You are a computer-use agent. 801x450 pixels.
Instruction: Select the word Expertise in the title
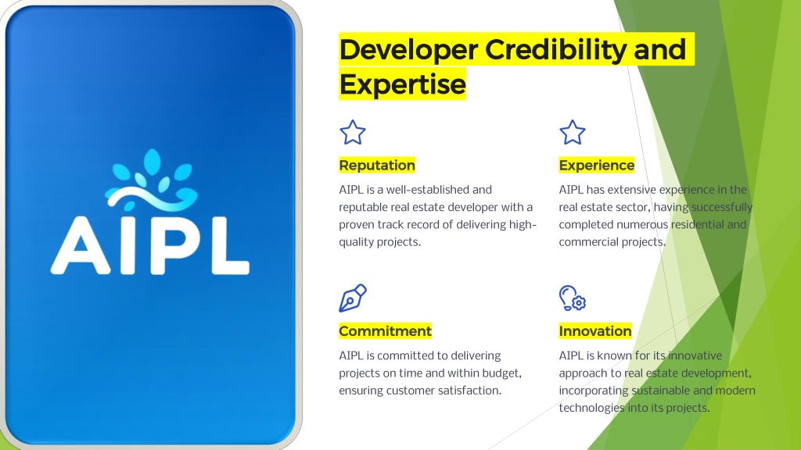403,84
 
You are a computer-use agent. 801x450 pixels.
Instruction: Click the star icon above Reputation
353,133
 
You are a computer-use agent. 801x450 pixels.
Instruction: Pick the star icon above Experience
572,133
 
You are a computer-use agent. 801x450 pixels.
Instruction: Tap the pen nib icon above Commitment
353,298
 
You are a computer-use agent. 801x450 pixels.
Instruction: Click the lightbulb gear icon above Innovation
572,298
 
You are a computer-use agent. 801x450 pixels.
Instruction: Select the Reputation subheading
377,166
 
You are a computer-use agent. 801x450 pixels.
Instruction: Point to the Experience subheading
597,166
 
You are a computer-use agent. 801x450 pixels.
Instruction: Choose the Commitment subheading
385,331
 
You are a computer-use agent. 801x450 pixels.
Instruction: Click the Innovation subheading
595,331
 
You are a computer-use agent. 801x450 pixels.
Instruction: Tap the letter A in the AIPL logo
81,246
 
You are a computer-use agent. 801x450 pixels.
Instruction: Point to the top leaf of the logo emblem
152,162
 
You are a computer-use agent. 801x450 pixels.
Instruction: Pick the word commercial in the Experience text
583,242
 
